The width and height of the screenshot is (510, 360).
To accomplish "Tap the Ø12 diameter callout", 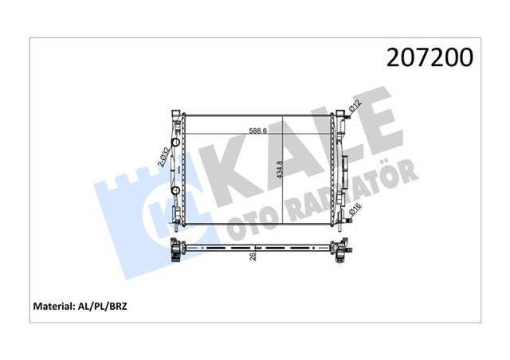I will [355, 106].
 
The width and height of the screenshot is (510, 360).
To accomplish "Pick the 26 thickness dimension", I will [253, 255].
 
